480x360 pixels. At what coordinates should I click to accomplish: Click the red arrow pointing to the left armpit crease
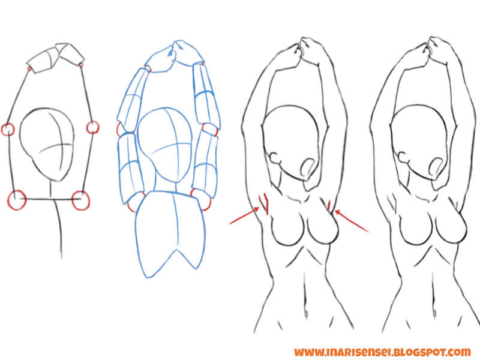[x=243, y=217]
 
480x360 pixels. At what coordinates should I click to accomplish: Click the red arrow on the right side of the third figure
[x=352, y=220]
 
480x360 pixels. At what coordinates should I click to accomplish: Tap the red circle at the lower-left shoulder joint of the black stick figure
[x=17, y=200]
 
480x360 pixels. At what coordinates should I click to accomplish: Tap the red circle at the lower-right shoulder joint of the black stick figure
[x=80, y=200]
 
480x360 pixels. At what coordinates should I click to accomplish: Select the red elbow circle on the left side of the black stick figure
[x=8, y=129]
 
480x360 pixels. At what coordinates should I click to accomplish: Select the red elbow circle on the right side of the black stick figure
[x=92, y=127]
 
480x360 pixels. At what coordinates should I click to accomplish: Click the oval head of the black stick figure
[x=49, y=141]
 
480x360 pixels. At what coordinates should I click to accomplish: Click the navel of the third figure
[x=307, y=313]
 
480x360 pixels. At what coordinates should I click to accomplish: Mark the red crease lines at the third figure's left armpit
[x=263, y=203]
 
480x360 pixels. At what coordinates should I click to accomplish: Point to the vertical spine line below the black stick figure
[x=60, y=231]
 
